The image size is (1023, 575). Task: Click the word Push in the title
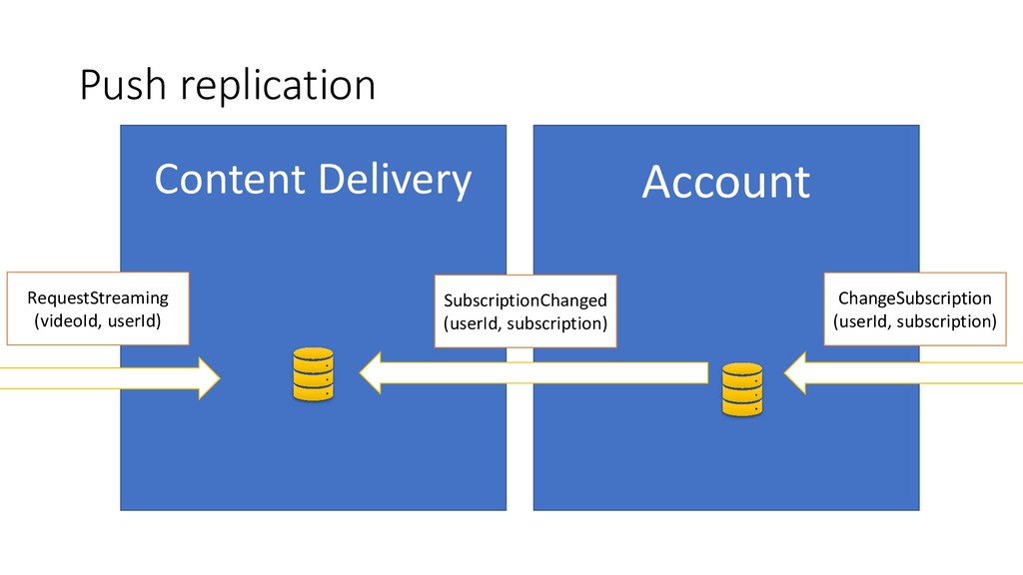tap(120, 87)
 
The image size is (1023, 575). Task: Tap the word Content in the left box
tap(227, 180)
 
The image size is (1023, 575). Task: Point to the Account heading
tap(725, 183)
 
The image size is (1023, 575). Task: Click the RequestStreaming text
tap(98, 297)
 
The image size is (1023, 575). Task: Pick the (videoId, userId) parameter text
tap(98, 320)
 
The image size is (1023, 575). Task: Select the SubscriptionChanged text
tap(525, 300)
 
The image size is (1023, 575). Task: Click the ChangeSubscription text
tap(914, 298)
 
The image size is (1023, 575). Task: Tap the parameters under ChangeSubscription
tap(914, 320)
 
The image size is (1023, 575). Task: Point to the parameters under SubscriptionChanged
tap(525, 322)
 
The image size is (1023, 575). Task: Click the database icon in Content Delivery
tap(313, 374)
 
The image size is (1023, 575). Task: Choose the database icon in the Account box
tap(741, 388)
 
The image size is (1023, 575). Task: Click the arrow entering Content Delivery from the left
tap(110, 376)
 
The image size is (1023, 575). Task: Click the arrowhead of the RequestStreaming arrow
tap(209, 376)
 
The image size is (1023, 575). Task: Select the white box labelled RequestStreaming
tap(98, 308)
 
